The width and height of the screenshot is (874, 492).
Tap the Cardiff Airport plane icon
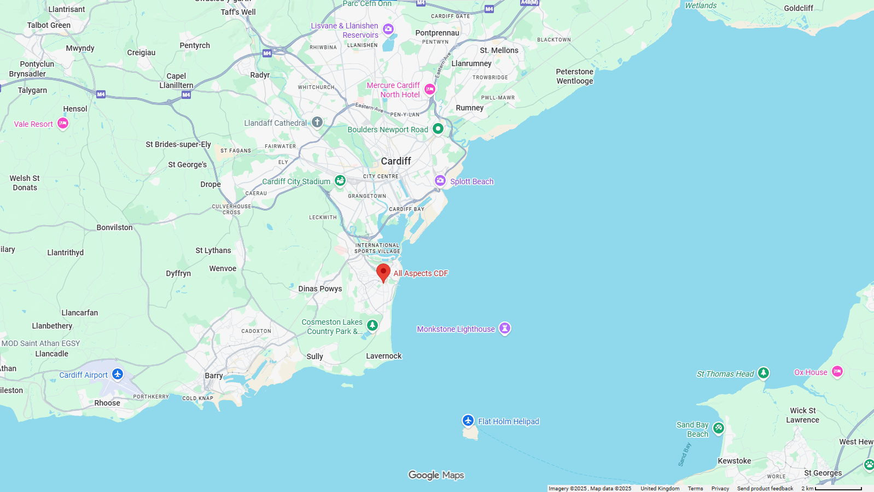[118, 374]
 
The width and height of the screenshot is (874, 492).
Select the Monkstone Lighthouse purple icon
[505, 328]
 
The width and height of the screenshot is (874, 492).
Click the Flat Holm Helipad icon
[468, 420]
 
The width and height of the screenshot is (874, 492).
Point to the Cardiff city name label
[396, 161]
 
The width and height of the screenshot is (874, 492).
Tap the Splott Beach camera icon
[440, 180]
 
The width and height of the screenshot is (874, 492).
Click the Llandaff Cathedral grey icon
[317, 122]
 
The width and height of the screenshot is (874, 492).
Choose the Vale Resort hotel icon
[63, 124]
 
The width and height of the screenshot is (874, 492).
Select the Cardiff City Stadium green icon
[340, 180]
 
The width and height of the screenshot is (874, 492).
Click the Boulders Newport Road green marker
[438, 128]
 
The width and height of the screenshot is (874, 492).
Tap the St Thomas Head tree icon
[764, 373]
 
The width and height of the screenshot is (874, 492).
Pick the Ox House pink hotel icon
[837, 372]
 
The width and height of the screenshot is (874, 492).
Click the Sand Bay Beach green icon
[719, 428]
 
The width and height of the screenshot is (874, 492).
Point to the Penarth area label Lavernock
[384, 356]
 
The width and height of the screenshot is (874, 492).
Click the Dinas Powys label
[320, 289]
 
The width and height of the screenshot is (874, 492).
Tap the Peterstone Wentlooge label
[574, 77]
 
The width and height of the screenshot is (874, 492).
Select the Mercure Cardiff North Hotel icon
[430, 89]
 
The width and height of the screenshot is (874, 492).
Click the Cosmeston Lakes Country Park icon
[372, 326]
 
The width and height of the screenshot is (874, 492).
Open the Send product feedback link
[765, 489]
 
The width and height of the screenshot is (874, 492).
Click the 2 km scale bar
[838, 489]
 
